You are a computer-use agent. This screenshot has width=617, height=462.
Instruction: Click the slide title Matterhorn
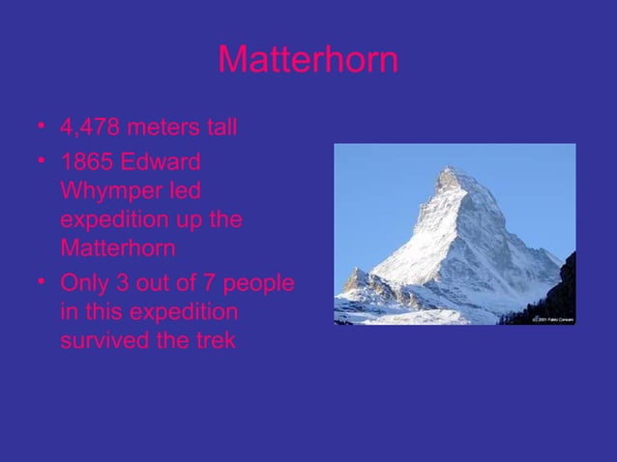pos(308,61)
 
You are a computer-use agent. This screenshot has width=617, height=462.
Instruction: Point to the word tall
pos(221,127)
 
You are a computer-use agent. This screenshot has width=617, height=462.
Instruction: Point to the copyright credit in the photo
pos(551,318)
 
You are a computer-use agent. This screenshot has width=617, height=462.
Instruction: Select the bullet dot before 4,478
pos(42,128)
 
